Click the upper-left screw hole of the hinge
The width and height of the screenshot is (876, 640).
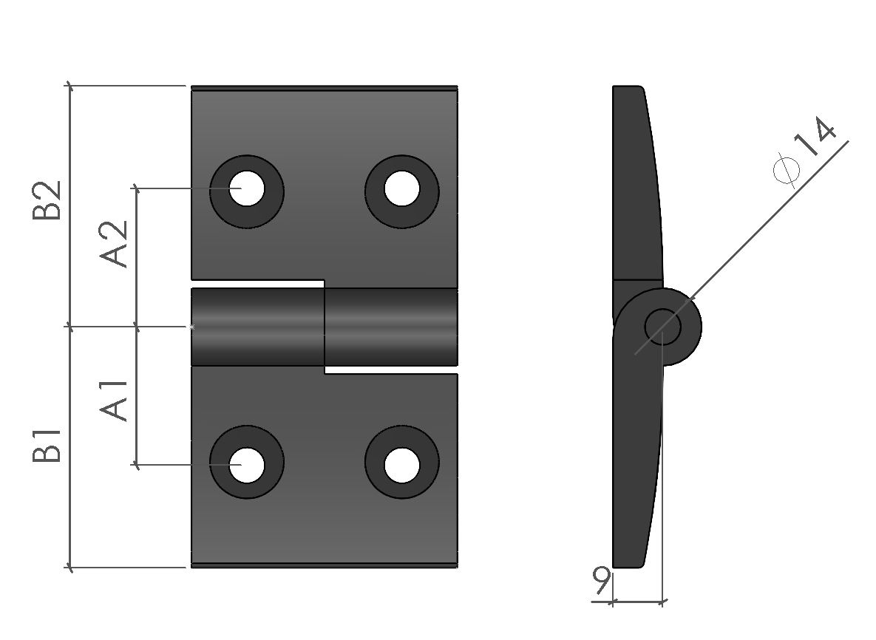click(247, 190)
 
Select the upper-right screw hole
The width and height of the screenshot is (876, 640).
click(401, 190)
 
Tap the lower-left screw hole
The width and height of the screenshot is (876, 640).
click(247, 464)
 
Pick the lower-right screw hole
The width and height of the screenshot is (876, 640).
click(401, 464)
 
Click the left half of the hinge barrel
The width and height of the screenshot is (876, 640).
click(257, 327)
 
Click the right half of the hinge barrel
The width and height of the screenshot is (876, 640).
click(390, 327)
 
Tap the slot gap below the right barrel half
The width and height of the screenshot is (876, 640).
click(390, 370)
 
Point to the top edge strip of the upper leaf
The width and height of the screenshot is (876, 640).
click(324, 89)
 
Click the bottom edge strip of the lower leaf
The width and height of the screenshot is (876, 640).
click(324, 565)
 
